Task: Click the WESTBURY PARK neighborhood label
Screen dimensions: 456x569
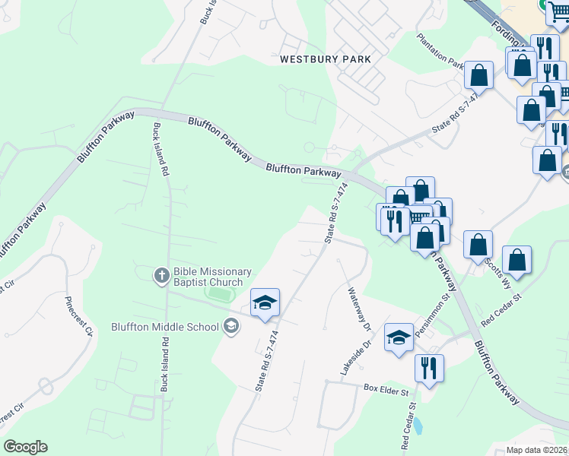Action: tap(325, 59)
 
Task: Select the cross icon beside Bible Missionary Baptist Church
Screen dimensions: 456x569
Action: tap(161, 276)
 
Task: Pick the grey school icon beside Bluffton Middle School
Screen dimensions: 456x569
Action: tap(230, 327)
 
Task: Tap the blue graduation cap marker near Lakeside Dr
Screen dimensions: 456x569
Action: tap(399, 337)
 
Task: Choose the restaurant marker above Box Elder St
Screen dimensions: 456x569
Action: tap(429, 369)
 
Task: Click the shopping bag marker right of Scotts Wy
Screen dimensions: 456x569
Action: tap(517, 260)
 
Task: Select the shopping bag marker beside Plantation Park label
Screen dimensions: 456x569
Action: tap(478, 75)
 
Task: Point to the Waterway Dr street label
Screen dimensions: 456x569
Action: tap(358, 310)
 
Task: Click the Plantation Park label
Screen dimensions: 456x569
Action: tap(440, 51)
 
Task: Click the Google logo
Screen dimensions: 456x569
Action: tap(25, 447)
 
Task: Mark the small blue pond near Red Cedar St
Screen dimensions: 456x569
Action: tap(418, 423)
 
